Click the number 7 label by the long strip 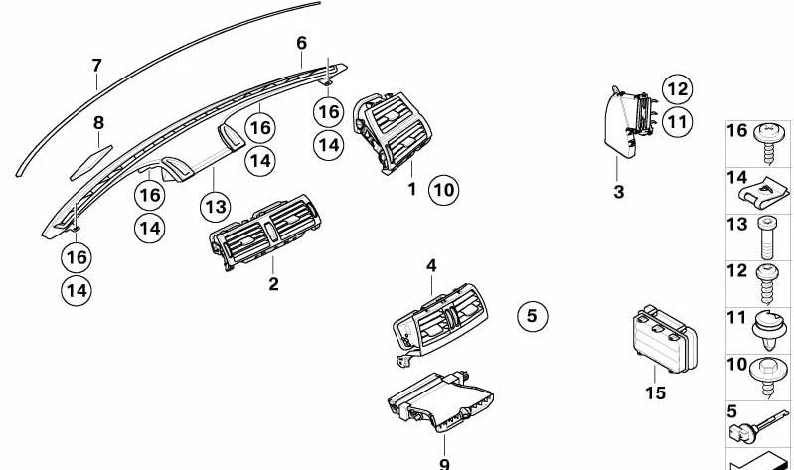[97, 66]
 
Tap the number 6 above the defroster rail [302, 43]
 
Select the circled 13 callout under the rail [215, 206]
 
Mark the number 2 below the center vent [273, 285]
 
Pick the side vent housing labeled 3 [624, 123]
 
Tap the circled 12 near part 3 [677, 89]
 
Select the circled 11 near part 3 [677, 122]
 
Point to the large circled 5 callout [532, 316]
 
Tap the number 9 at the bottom [444, 463]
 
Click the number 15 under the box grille [654, 393]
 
